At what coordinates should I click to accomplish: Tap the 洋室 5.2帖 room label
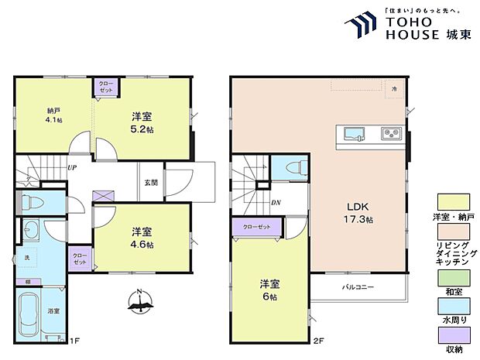click(x=142, y=122)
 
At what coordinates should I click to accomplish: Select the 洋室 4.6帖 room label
click(x=142, y=238)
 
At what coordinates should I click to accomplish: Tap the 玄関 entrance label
click(x=150, y=183)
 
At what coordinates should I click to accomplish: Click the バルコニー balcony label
click(x=358, y=287)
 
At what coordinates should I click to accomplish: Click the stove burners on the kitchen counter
click(x=389, y=135)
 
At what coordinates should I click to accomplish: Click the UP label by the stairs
click(x=71, y=167)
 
